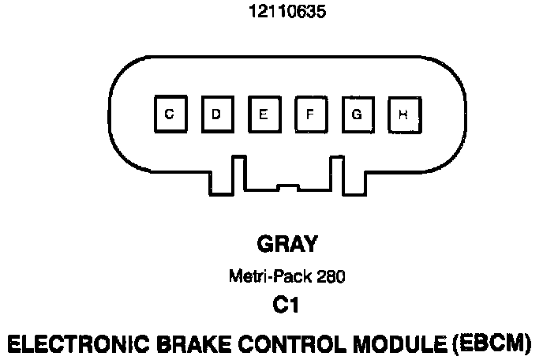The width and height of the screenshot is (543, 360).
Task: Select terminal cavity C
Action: (169, 114)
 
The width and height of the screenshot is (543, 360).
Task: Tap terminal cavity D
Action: (215, 114)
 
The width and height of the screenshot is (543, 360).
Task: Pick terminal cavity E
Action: (263, 114)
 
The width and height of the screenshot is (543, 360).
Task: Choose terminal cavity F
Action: (310, 114)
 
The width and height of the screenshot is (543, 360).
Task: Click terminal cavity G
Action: (357, 114)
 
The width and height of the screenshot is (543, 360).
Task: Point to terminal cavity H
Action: (403, 114)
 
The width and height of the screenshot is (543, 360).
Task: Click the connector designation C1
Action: (286, 305)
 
